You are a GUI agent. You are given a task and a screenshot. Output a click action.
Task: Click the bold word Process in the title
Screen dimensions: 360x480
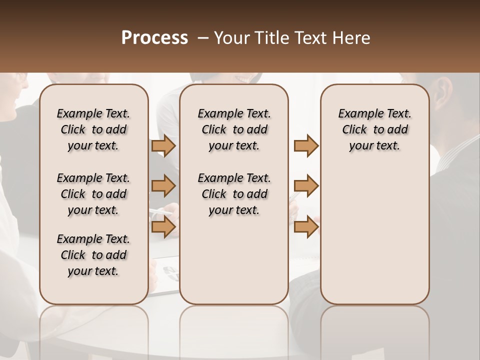(x=154, y=37)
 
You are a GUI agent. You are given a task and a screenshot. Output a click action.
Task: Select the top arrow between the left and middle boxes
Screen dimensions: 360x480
(x=163, y=145)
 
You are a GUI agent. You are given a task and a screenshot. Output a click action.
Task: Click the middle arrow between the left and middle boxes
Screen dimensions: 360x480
(x=163, y=186)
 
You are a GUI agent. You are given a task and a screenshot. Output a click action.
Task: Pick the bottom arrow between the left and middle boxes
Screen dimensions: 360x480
(x=163, y=227)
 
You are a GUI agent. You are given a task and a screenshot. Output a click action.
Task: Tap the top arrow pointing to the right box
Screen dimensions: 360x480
(x=306, y=145)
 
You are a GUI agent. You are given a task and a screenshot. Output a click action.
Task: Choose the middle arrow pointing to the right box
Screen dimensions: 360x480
(x=306, y=186)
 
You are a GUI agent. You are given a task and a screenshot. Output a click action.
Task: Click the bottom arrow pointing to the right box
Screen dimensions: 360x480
(x=306, y=227)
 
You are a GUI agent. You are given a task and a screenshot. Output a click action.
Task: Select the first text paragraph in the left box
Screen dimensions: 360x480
(x=93, y=129)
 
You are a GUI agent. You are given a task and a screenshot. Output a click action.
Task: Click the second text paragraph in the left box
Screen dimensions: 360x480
(x=93, y=194)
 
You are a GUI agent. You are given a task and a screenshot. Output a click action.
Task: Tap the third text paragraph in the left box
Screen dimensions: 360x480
(x=93, y=255)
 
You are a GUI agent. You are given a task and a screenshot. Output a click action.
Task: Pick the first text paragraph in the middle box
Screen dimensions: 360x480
(x=234, y=129)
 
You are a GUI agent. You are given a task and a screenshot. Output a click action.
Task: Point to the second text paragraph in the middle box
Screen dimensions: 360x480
(x=234, y=194)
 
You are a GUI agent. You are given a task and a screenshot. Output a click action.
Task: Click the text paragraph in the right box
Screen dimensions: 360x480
(x=374, y=129)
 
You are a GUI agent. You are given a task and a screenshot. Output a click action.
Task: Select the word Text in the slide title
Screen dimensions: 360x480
(x=312, y=38)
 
